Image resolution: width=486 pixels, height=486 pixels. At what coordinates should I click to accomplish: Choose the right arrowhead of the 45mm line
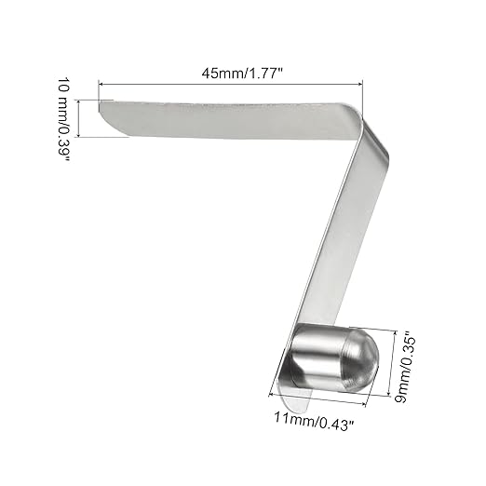(360, 86)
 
